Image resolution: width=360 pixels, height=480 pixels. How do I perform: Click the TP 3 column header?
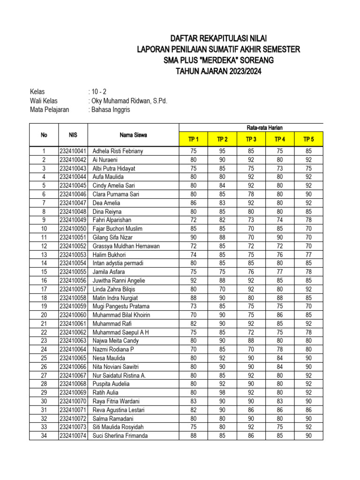251,139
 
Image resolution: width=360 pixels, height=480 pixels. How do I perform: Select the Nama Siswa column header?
133,135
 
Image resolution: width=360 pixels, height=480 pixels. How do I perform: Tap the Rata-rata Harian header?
265,127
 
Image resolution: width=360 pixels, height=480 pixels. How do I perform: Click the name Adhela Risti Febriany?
118,151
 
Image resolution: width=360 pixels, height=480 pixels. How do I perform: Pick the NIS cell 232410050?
73,229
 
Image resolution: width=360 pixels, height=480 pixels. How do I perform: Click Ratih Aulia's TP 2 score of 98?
222,393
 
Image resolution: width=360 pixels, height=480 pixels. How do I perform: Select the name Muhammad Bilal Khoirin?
121,315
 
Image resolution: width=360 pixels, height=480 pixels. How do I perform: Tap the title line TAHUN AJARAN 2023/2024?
218,72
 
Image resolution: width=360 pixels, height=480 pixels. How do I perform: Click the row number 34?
44,436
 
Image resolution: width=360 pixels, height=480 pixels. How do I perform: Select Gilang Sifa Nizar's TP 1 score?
194,238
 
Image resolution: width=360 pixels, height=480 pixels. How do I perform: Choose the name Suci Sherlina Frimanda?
120,436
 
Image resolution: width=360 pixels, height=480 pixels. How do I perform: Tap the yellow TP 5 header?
308,139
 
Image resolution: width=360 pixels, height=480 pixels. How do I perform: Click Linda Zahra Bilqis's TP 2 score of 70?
222,289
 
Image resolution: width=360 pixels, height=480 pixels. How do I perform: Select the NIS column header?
73,135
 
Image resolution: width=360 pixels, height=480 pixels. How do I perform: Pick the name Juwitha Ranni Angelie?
119,281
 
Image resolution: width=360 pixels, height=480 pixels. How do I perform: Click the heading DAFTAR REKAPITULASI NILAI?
218,38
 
